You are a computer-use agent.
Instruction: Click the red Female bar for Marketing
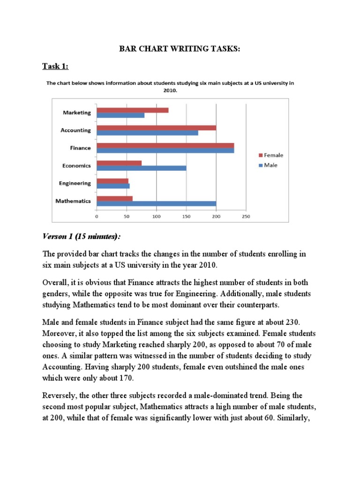pos(133,110)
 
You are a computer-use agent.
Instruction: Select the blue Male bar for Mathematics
pos(156,203)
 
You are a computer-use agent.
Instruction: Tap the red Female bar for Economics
pos(119,163)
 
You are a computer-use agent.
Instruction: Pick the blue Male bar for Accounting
pos(147,133)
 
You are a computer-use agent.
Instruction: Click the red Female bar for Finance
pos(165,145)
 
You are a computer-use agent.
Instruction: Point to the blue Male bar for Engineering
pos(113,186)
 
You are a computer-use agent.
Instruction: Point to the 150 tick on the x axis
pos(186,217)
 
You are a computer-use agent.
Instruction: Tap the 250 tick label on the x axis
pos(246,217)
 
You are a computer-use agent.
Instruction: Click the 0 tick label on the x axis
pos(97,217)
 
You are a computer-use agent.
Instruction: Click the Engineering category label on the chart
pos(75,183)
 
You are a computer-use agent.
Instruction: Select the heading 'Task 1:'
pos(55,66)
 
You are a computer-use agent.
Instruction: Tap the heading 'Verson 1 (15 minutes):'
pos(86,235)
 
